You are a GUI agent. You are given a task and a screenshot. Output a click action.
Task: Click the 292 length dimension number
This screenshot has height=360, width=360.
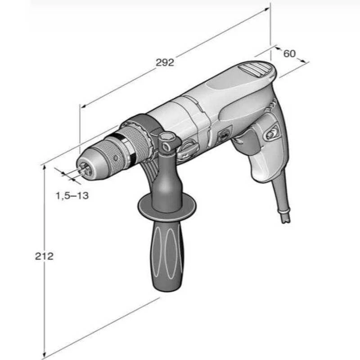(x=165, y=63)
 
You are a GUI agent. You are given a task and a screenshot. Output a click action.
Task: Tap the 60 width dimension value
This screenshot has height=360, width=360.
(x=289, y=54)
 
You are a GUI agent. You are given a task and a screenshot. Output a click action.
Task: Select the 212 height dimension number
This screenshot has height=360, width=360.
(x=44, y=256)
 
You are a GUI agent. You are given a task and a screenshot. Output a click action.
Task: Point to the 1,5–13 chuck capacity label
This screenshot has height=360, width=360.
(x=72, y=196)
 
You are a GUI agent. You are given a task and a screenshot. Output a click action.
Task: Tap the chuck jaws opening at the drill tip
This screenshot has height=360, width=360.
(x=84, y=169)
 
